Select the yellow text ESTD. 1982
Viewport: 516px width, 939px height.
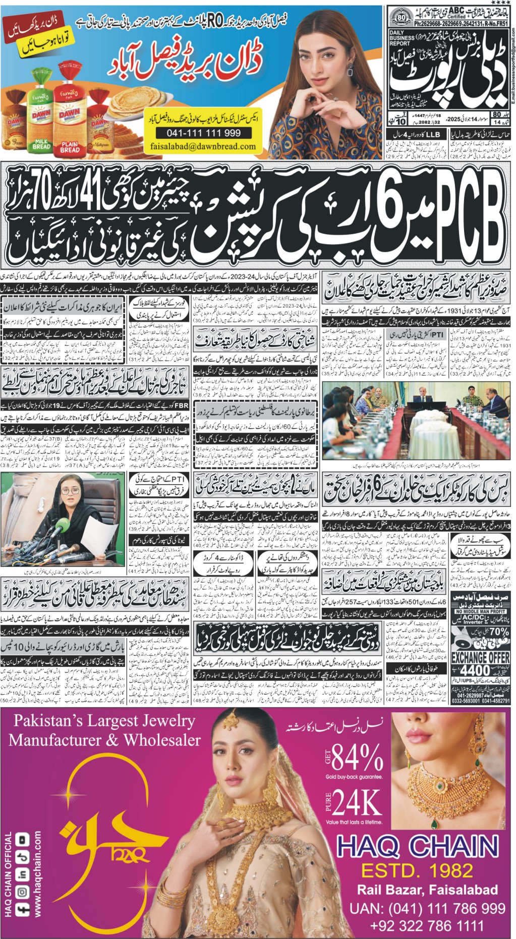tap(417, 870)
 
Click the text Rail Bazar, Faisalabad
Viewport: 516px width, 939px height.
tap(427, 890)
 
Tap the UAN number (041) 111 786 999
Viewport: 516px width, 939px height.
tap(427, 908)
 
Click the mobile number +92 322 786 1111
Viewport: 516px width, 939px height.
tap(427, 926)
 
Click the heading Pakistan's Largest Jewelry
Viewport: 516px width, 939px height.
tap(104, 720)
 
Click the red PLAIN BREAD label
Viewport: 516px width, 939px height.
tap(70, 146)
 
